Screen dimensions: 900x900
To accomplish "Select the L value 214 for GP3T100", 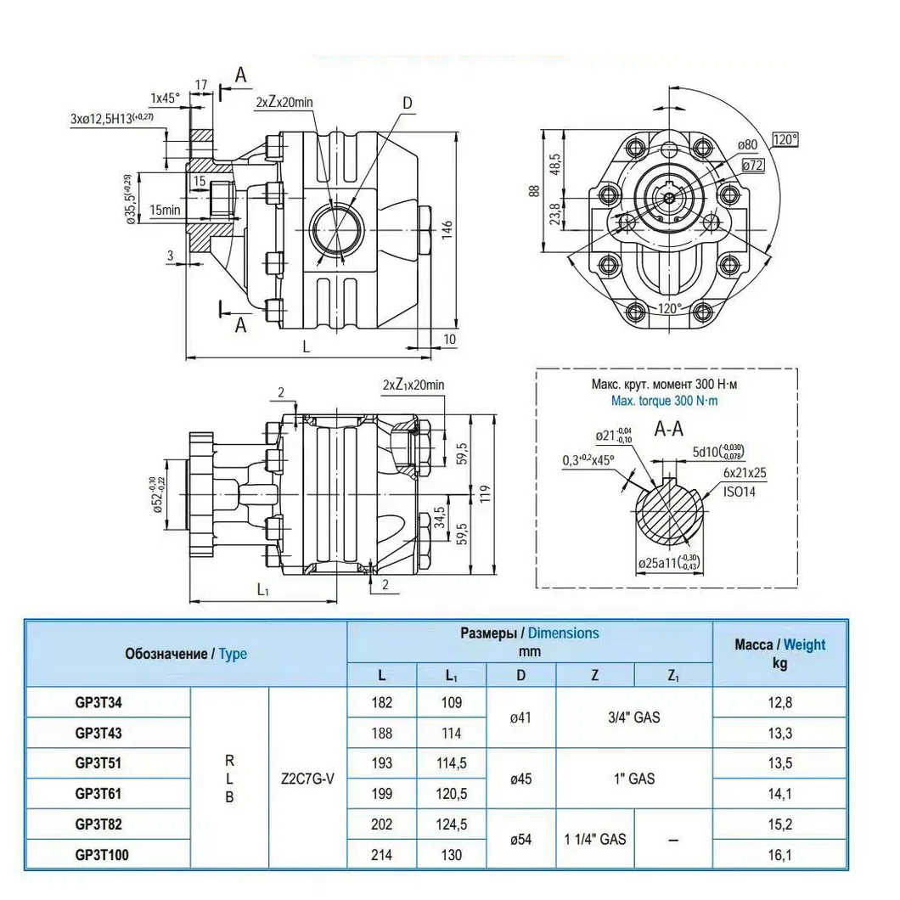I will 382,854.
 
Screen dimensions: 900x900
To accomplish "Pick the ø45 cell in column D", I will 520,778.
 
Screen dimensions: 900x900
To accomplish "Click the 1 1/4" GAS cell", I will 595,839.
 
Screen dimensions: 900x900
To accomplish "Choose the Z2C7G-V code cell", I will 307,778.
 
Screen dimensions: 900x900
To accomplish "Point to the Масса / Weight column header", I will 779,654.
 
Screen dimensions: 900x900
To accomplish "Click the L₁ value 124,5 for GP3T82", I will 452,824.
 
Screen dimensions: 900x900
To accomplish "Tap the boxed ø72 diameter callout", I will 752,166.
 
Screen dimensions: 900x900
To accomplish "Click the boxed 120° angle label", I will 786,140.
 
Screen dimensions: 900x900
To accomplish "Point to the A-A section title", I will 668,429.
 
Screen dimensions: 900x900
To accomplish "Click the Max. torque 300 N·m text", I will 665,400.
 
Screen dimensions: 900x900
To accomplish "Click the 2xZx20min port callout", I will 284,101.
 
